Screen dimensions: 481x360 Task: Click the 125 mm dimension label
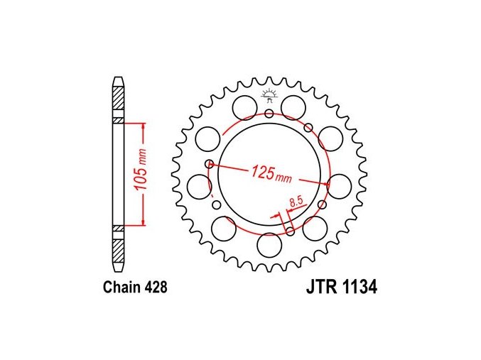click(272, 174)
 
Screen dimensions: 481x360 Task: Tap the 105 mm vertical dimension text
click(141, 173)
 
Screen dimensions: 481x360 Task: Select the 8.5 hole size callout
click(296, 202)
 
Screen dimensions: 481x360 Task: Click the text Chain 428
click(135, 288)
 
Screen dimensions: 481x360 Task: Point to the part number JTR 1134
click(342, 288)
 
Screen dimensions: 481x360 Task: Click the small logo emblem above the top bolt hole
click(269, 94)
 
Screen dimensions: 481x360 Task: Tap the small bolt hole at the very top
click(269, 114)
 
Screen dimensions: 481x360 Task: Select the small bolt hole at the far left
click(210, 163)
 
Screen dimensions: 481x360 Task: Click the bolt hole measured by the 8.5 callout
click(290, 231)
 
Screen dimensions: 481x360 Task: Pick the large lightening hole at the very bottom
click(269, 246)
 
